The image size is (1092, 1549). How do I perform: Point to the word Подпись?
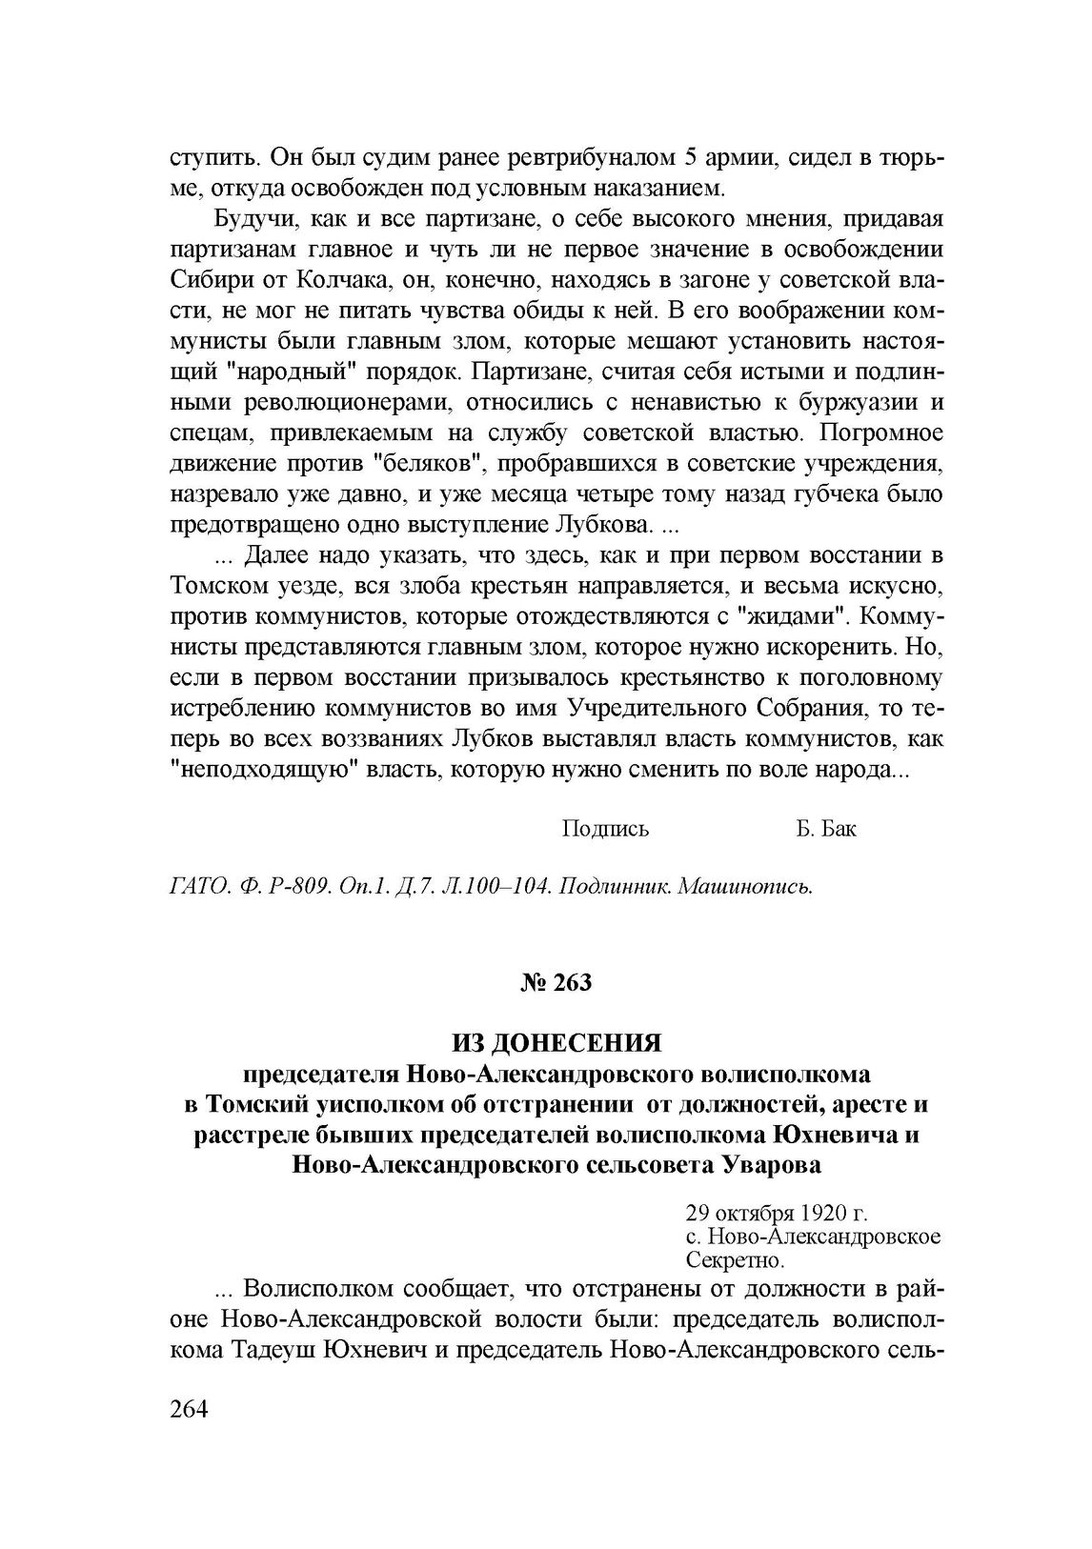point(605,828)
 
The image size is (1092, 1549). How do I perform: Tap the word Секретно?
point(735,1260)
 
